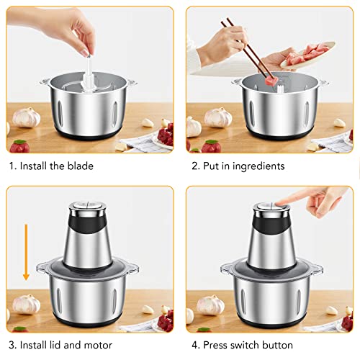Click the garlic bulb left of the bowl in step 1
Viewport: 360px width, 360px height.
coord(26,117)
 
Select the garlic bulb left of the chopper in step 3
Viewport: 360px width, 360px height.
coord(26,303)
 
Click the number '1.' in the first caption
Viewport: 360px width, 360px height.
coord(12,166)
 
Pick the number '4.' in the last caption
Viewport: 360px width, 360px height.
coord(194,345)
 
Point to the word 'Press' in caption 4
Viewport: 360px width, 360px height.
coord(219,345)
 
